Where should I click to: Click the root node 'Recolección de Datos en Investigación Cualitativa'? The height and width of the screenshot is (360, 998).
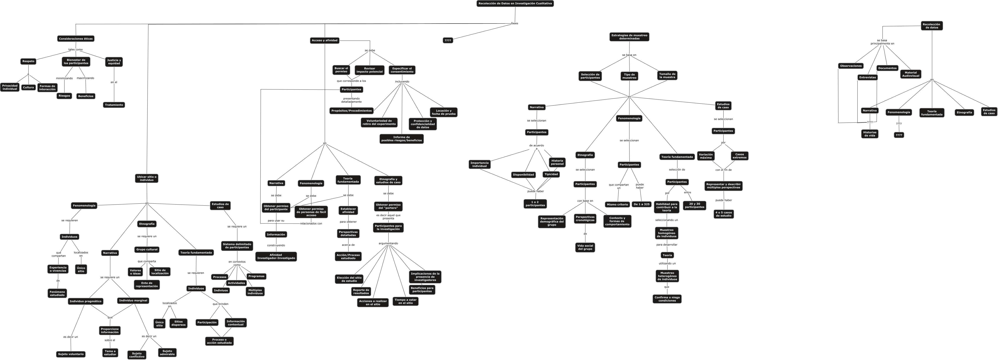(515, 3)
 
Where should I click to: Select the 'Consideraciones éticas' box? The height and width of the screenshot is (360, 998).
(76, 39)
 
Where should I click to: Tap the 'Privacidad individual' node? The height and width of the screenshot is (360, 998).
(10, 87)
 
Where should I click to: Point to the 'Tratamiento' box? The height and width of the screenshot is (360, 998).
(114, 105)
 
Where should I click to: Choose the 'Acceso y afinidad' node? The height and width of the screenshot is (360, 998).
(325, 40)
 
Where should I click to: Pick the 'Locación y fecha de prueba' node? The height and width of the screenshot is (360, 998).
(443, 112)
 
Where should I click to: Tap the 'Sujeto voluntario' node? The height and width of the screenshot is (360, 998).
(71, 354)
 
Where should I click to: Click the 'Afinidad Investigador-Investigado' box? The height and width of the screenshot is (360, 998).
(276, 256)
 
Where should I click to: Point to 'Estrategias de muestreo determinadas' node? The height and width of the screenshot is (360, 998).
(629, 37)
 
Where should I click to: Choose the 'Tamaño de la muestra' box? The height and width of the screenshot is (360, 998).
(667, 75)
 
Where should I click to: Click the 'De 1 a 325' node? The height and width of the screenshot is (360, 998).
(641, 204)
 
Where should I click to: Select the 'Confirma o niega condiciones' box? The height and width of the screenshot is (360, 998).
(667, 299)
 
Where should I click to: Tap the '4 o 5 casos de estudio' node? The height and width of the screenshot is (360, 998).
(723, 214)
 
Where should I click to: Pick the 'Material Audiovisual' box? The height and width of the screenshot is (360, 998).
(910, 74)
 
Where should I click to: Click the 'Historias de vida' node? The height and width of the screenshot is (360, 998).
(870, 134)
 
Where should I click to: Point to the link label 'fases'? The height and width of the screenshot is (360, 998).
(515, 23)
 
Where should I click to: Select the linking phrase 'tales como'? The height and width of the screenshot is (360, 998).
(76, 49)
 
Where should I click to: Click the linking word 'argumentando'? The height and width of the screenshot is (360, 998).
(388, 243)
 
